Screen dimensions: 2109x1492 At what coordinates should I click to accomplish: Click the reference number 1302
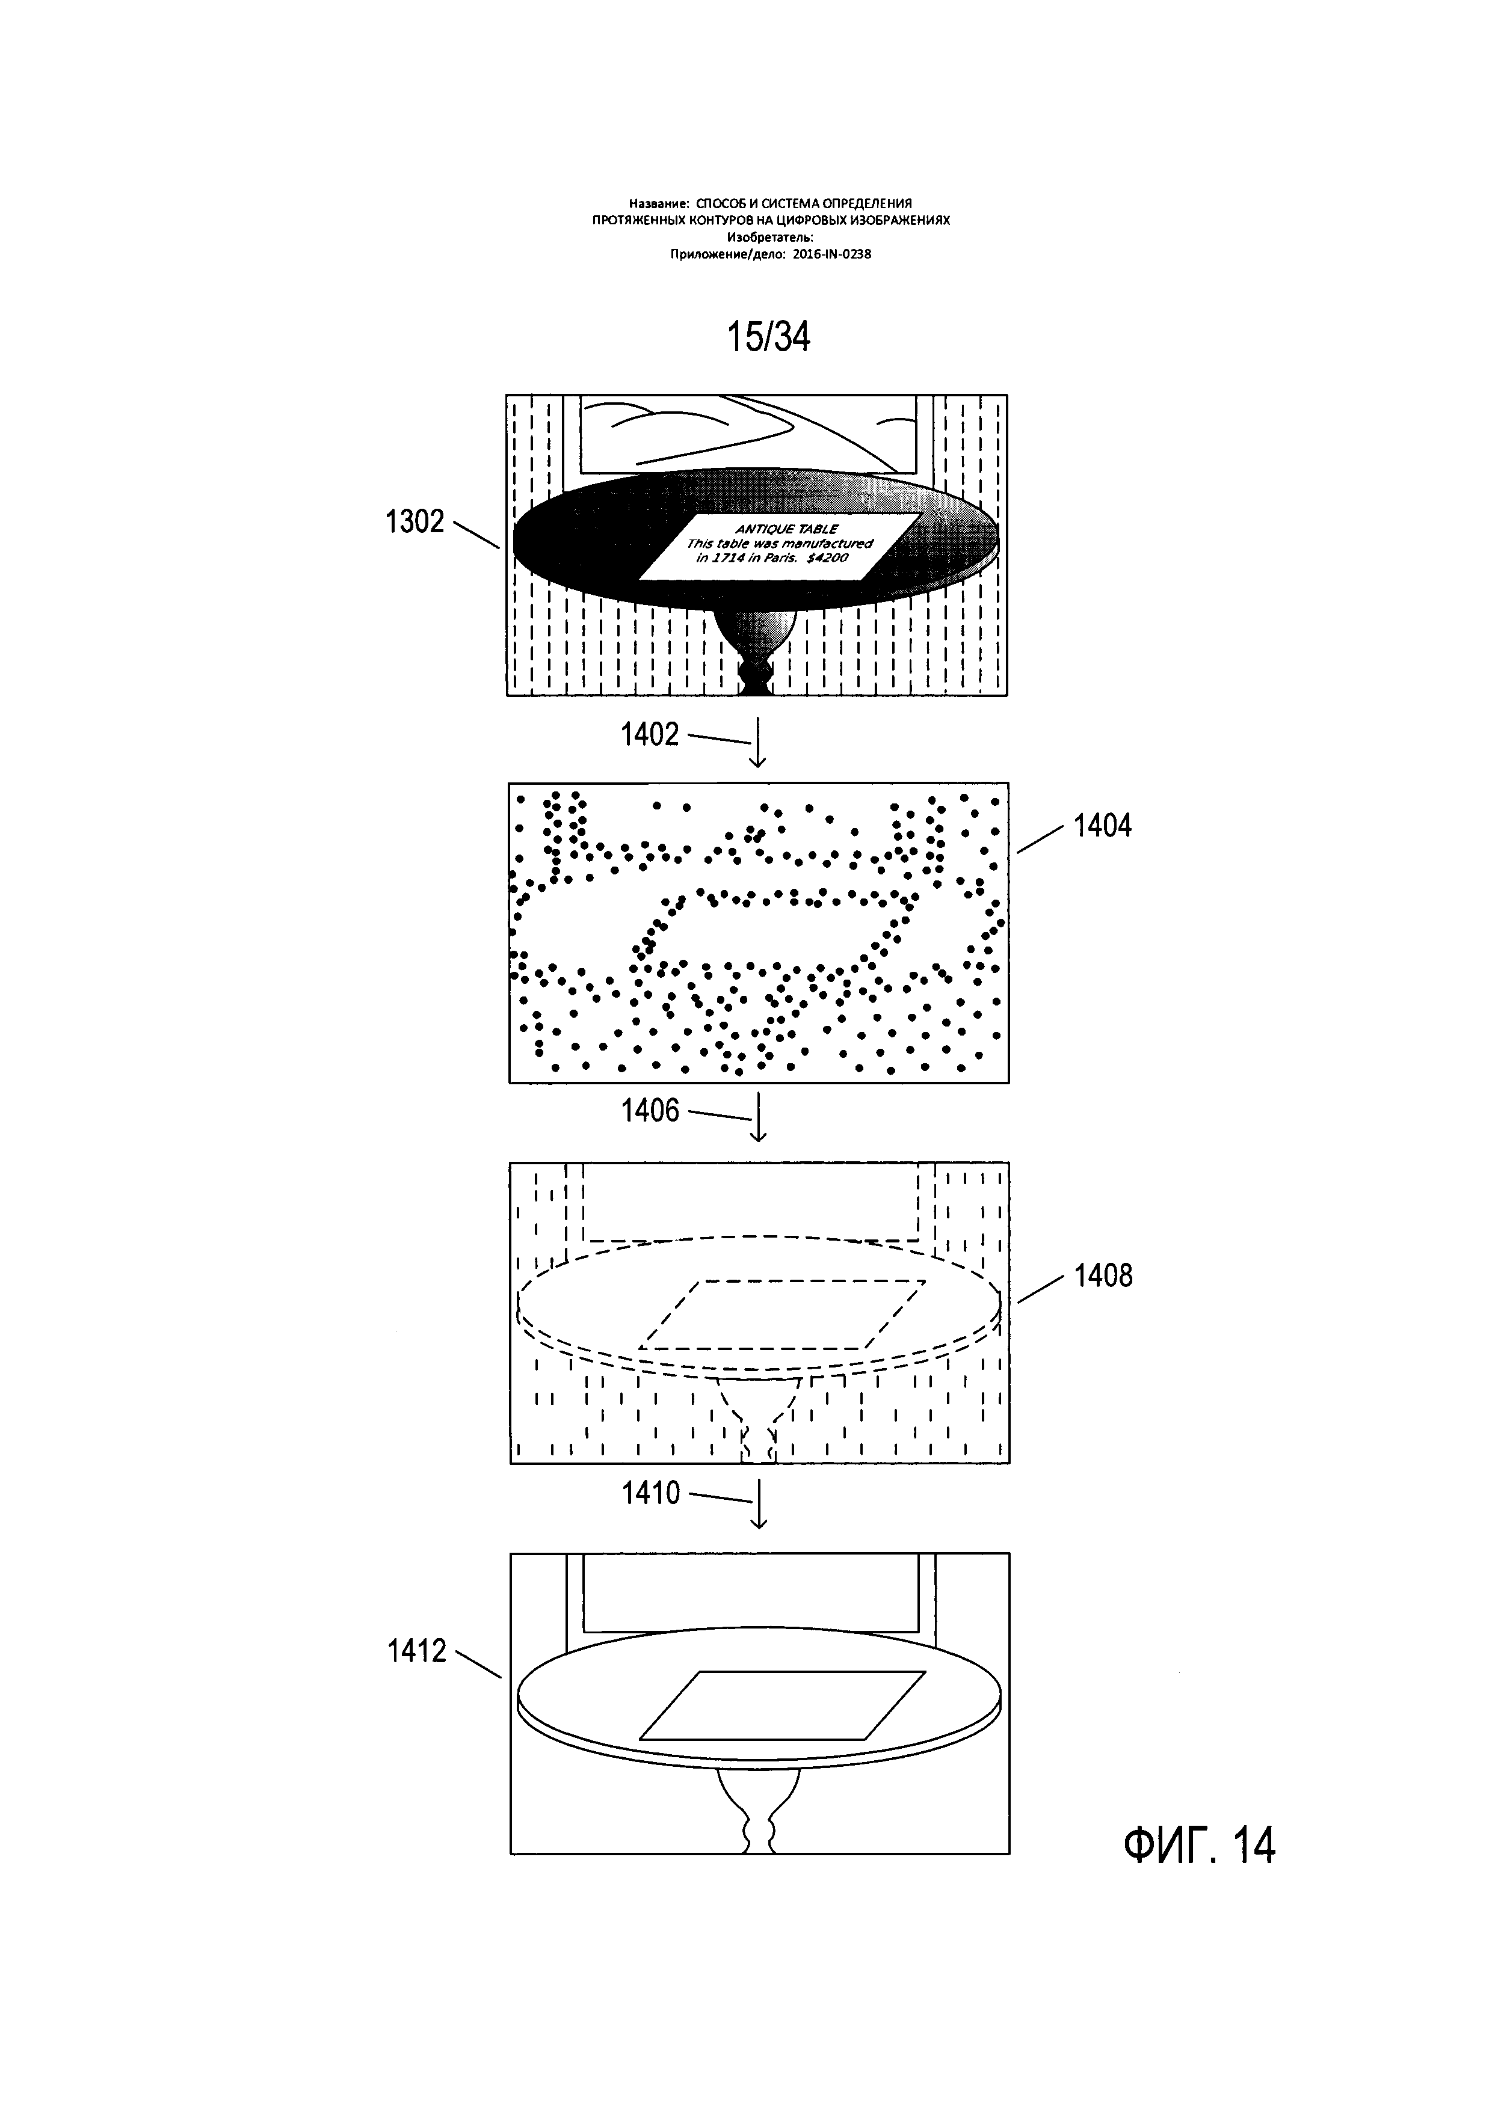click(415, 523)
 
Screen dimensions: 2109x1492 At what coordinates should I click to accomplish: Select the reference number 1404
click(1103, 826)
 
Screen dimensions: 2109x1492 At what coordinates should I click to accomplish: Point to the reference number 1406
click(650, 1111)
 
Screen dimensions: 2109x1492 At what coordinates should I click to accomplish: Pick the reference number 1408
click(1103, 1276)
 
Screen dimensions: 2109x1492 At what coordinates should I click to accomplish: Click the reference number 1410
click(650, 1494)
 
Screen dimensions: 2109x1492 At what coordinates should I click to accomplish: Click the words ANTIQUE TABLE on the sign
click(786, 529)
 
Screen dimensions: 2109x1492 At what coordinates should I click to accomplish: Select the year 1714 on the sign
click(726, 557)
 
